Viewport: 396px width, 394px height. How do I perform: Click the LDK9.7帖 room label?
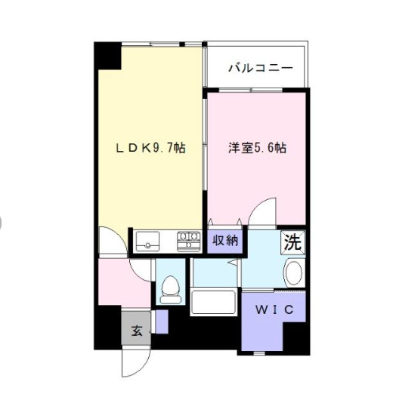click(150, 149)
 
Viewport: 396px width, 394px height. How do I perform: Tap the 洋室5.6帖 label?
click(258, 149)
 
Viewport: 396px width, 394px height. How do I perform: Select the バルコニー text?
click(261, 69)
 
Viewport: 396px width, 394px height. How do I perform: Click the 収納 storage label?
click(224, 241)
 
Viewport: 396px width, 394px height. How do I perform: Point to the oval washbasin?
click(293, 272)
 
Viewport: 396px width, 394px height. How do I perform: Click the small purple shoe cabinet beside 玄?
click(161, 321)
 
